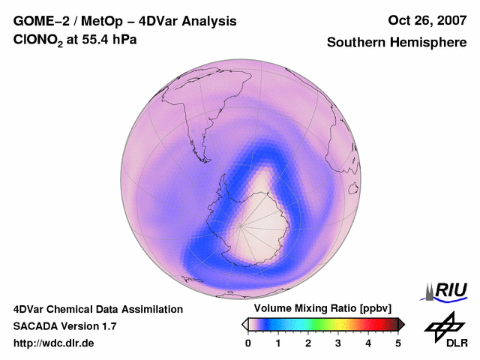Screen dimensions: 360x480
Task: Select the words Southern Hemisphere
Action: (396, 43)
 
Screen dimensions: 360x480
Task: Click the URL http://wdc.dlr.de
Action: (54, 343)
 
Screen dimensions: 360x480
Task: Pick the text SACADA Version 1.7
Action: (64, 326)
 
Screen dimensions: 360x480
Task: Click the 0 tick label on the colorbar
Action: (248, 343)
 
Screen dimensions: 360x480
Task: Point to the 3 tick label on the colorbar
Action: (338, 343)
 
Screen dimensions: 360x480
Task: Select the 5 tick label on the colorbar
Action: (398, 343)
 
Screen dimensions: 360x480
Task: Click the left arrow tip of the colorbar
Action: (244, 324)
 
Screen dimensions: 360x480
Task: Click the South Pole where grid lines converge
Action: (241, 226)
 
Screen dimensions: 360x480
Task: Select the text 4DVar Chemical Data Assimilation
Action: (97, 309)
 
